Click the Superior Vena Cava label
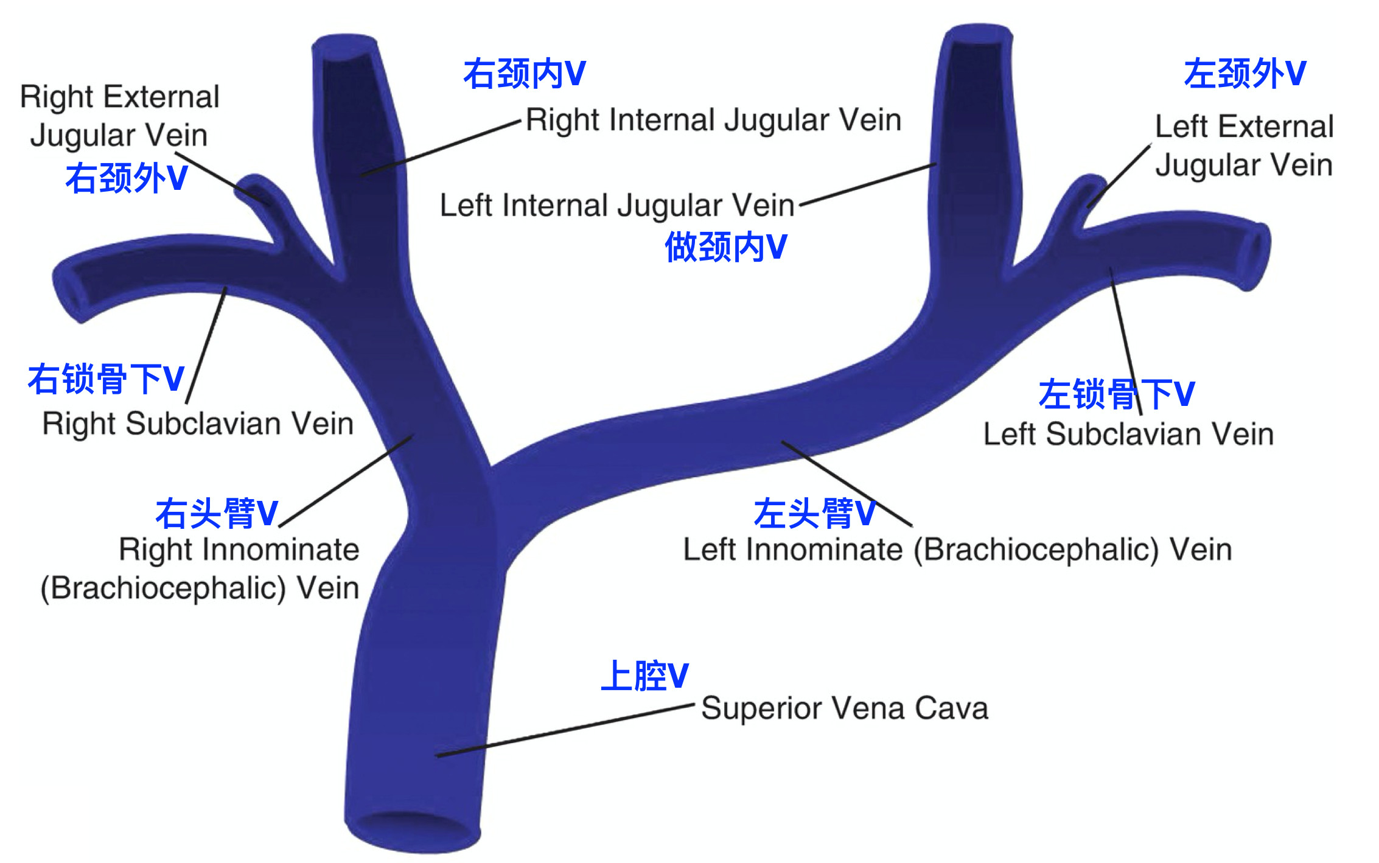coord(844,708)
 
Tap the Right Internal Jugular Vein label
coord(713,120)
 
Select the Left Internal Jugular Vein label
coord(616,206)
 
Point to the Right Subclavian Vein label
coord(198,424)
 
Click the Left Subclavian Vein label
coord(1128,435)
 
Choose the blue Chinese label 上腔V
coord(644,676)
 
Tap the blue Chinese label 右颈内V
coord(524,74)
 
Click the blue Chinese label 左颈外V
coord(1245,74)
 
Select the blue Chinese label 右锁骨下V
coord(106,379)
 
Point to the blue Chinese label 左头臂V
coord(814,514)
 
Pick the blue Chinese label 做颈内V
coord(725,247)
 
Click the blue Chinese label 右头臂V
coord(217,514)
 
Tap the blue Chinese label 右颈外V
coord(127,179)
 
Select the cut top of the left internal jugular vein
coord(977,35)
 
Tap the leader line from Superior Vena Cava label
coord(566,730)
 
